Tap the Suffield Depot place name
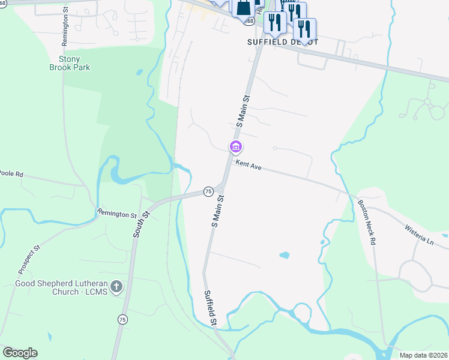pos(282,42)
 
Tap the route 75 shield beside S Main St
pos(208,191)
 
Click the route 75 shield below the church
pos(122,319)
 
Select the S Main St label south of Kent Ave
pos(217,210)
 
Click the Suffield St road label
pos(210,308)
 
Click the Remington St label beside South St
pos(117,214)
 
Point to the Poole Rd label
pos(11,173)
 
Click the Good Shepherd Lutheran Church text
pos(61,287)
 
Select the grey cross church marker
pos(116,287)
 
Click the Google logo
pos(20,353)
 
